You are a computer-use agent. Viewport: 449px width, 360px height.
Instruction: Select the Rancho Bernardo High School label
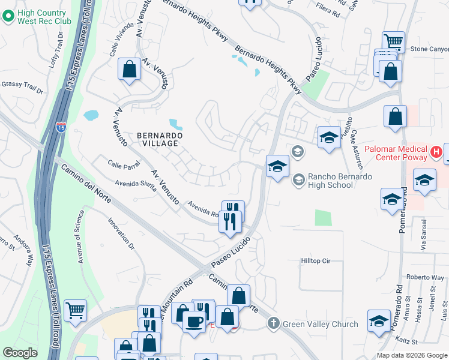pos(340,181)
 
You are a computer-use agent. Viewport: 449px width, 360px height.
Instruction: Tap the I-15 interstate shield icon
pos(61,127)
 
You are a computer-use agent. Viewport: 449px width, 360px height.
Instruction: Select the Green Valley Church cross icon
pos(273,324)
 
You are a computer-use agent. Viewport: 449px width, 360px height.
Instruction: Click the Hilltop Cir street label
pos(316,261)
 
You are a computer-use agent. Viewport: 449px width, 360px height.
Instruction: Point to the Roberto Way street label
pos(424,277)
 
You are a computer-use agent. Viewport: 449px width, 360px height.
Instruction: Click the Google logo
pos(20,352)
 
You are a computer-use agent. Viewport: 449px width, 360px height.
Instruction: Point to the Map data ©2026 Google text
pos(411,355)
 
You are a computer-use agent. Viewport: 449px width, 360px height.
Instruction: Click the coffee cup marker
pos(194,322)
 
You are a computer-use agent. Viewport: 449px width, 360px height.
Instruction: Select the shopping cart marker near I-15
pos(76,311)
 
